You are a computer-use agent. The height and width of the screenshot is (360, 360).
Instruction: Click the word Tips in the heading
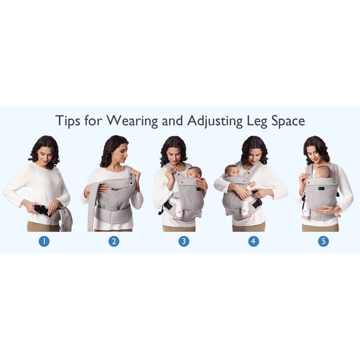pyautogui.click(x=68, y=121)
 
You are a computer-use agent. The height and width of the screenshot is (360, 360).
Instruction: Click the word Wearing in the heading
pyautogui.click(x=132, y=121)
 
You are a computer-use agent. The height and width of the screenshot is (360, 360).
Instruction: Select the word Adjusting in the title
pyautogui.click(x=215, y=121)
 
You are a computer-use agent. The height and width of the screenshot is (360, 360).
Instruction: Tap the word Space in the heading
pyautogui.click(x=289, y=121)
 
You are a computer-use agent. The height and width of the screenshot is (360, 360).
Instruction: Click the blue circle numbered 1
pyautogui.click(x=44, y=241)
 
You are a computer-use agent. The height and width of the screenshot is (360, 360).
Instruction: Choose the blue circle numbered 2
pyautogui.click(x=113, y=241)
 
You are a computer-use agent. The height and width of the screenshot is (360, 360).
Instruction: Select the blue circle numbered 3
pyautogui.click(x=184, y=241)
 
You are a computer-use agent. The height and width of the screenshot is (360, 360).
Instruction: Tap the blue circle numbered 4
pyautogui.click(x=253, y=241)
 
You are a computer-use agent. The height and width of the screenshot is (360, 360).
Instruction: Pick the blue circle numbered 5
pyautogui.click(x=323, y=241)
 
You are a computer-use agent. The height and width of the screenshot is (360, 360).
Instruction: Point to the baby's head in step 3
pyautogui.click(x=194, y=172)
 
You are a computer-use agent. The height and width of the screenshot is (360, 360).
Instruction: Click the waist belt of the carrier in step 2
pyautogui.click(x=113, y=215)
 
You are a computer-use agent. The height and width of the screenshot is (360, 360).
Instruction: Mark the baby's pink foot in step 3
pyautogui.click(x=176, y=218)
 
